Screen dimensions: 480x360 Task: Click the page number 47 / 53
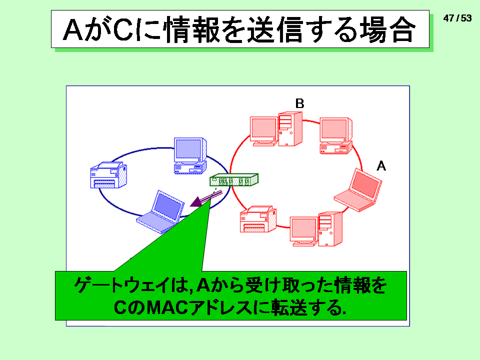[457, 18]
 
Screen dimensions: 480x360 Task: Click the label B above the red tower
[299, 103]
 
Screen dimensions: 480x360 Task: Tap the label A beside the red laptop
[381, 166]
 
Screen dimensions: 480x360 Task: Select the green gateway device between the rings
[234, 179]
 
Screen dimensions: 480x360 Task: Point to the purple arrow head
[196, 202]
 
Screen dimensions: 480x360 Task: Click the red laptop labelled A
[358, 190]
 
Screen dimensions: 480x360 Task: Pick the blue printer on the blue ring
[108, 175]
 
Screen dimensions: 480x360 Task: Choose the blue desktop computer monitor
[190, 149]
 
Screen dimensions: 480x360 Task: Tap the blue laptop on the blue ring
[160, 211]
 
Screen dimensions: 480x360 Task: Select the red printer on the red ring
[258, 219]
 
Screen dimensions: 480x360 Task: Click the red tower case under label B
[290, 129]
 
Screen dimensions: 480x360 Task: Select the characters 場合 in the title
[387, 29]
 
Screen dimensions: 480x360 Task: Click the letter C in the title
[123, 29]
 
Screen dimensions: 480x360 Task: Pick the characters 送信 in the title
[275, 29]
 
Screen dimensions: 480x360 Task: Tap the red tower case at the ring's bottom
[330, 229]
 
